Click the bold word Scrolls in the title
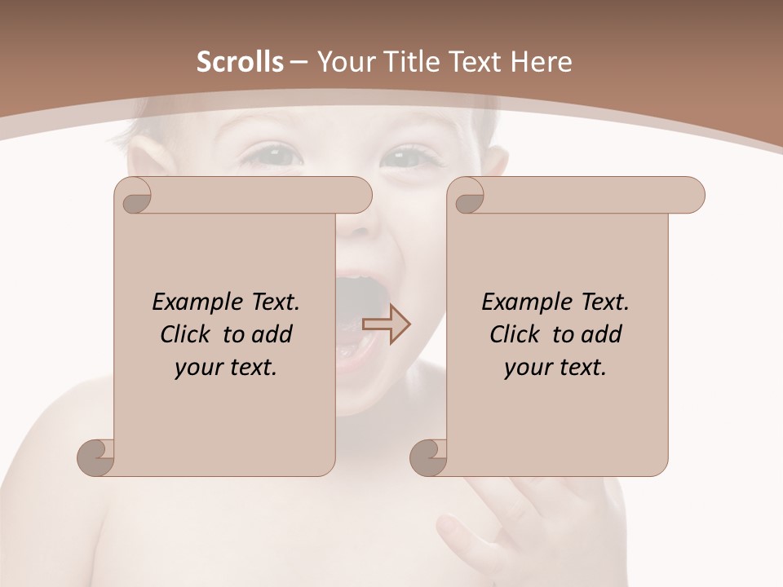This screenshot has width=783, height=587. [x=241, y=62]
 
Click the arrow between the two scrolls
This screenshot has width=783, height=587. [x=386, y=324]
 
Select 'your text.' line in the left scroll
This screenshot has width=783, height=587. [x=226, y=368]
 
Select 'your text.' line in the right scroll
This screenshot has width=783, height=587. [x=555, y=368]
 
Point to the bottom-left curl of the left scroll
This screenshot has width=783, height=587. [x=96, y=457]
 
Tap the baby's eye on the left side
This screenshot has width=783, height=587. [x=269, y=152]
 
